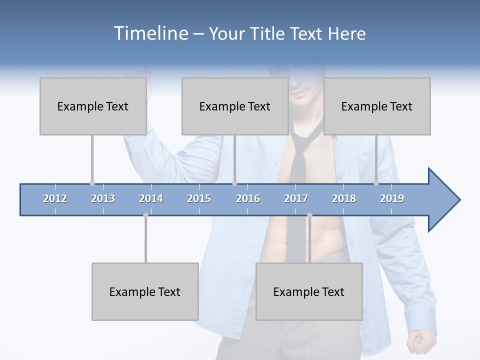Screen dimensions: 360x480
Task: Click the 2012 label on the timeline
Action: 55,198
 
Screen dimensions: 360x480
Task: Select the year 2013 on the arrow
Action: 103,198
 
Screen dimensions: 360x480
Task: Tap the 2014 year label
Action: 151,198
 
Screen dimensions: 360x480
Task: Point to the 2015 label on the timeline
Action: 199,198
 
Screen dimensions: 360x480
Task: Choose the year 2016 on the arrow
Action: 248,198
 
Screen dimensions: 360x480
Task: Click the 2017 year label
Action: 296,198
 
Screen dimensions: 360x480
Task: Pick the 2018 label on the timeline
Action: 344,198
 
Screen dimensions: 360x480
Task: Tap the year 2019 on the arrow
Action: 392,198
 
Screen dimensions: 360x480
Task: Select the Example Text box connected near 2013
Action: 93,106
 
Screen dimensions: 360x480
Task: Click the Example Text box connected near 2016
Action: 235,106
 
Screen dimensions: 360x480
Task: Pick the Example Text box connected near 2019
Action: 377,106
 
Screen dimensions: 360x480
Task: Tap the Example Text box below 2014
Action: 145,291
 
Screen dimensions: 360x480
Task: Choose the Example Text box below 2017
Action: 309,291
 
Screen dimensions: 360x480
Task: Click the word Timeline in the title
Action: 150,33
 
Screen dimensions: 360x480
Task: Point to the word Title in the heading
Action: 268,33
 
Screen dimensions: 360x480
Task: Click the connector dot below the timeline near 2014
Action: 145,215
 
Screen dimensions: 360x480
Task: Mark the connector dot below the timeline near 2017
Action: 309,215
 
